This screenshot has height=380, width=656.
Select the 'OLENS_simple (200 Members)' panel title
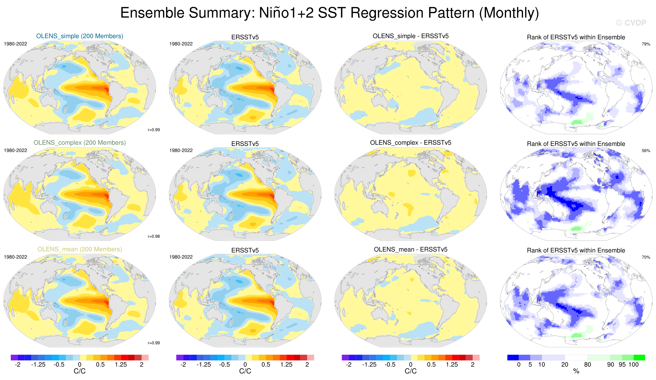click(x=80, y=36)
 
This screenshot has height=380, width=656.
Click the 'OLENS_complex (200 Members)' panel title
click(x=80, y=142)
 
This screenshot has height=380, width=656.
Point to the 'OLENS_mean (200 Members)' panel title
click(x=80, y=249)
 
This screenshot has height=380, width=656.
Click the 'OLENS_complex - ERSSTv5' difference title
click(x=411, y=142)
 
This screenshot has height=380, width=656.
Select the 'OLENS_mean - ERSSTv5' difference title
click(x=411, y=249)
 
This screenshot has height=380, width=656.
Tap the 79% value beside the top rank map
click(x=646, y=44)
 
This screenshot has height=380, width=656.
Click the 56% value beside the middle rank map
click(x=646, y=151)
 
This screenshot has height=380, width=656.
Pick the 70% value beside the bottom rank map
click(x=646, y=257)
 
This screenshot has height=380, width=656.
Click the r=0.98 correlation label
click(x=154, y=236)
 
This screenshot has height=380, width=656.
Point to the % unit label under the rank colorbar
click(x=576, y=371)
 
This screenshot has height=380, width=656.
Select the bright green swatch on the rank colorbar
click(x=639, y=357)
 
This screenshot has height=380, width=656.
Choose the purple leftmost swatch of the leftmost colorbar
click(x=14, y=357)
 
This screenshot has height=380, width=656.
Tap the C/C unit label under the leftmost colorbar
click(x=80, y=371)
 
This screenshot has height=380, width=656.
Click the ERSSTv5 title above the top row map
click(x=245, y=37)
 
